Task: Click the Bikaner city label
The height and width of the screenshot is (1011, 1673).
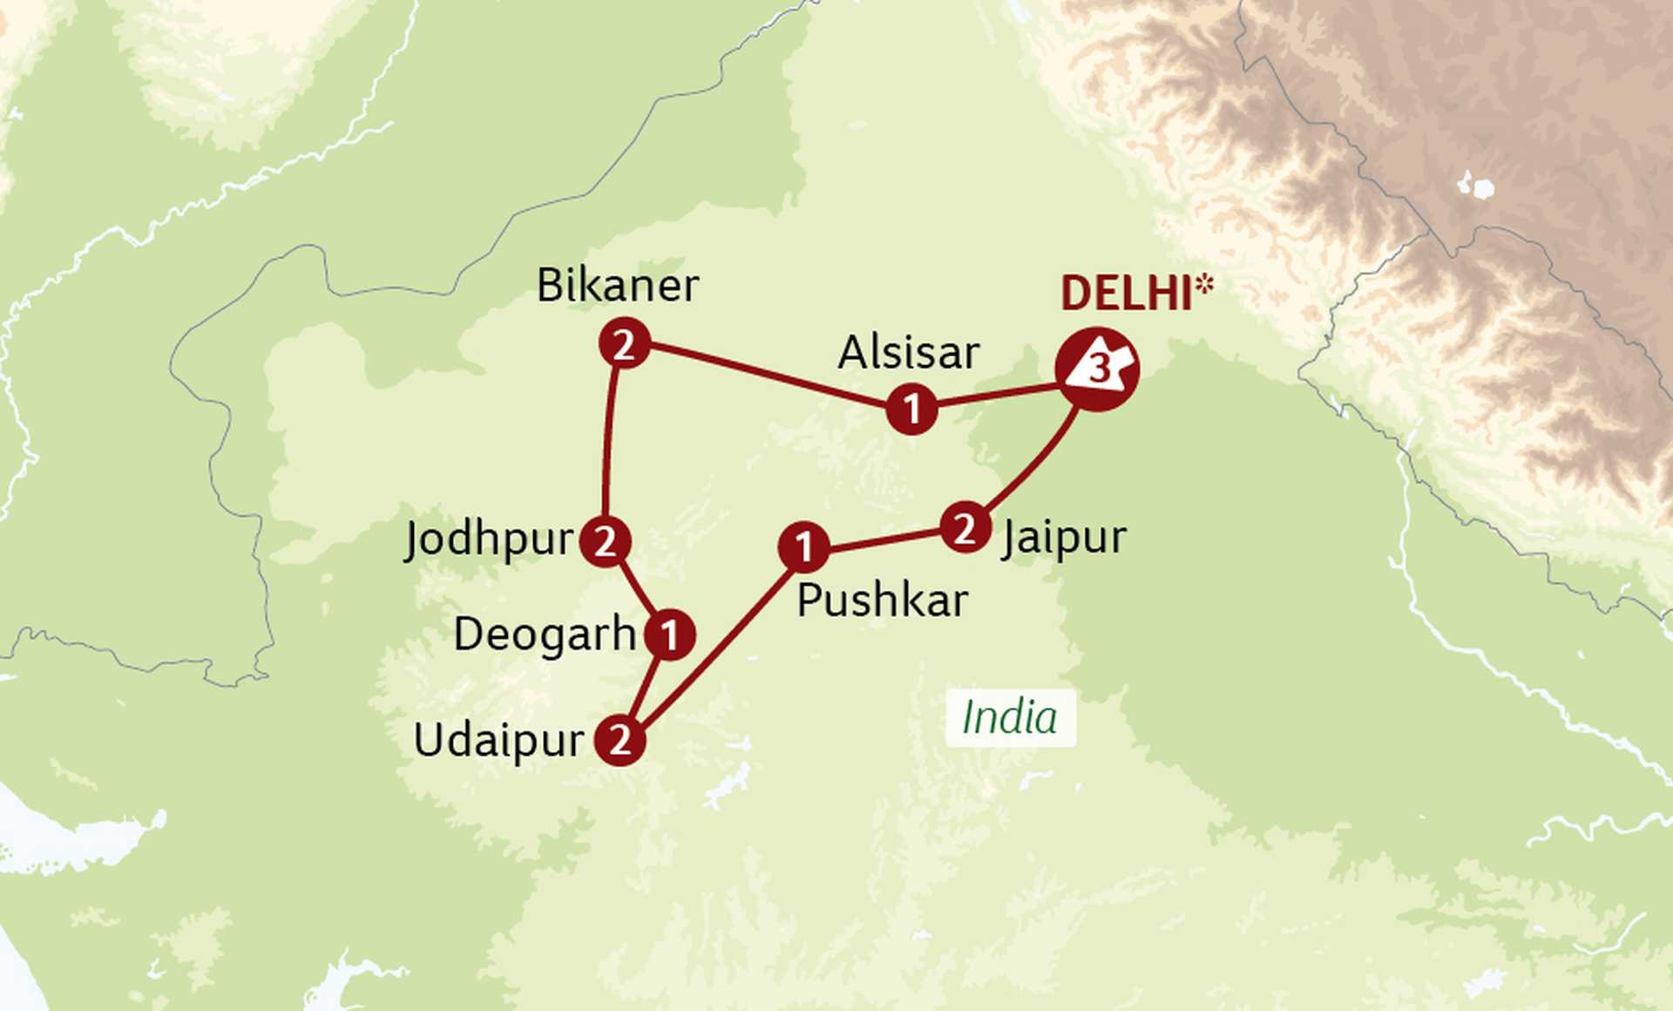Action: [x=617, y=286]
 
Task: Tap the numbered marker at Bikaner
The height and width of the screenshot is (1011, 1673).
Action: [x=624, y=345]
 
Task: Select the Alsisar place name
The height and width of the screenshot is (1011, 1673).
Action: [x=908, y=353]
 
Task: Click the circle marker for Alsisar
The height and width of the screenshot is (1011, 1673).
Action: [x=911, y=408]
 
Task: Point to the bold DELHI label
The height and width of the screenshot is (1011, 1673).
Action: [x=1125, y=294]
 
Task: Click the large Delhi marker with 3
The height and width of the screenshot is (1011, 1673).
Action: [x=1097, y=370]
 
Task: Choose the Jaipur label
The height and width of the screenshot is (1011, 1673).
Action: [x=1064, y=537]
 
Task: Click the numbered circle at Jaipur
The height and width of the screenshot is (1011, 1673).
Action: [x=965, y=527]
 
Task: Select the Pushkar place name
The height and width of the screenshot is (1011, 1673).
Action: [x=882, y=600]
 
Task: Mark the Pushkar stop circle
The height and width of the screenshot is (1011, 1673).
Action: [x=803, y=546]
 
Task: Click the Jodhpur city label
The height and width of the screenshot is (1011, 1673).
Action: [x=489, y=539]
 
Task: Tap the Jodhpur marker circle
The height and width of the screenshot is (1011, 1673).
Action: [x=605, y=540]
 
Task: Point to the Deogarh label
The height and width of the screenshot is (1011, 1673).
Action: [x=545, y=634]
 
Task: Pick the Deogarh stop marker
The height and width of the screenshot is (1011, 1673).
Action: [x=669, y=634]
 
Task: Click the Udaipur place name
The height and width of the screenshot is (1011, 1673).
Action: [x=498, y=741]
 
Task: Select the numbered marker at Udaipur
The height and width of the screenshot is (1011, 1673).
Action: [x=620, y=740]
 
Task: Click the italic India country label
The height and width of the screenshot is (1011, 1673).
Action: [x=1010, y=718]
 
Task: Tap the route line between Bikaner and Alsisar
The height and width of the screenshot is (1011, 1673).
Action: [x=767, y=377]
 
